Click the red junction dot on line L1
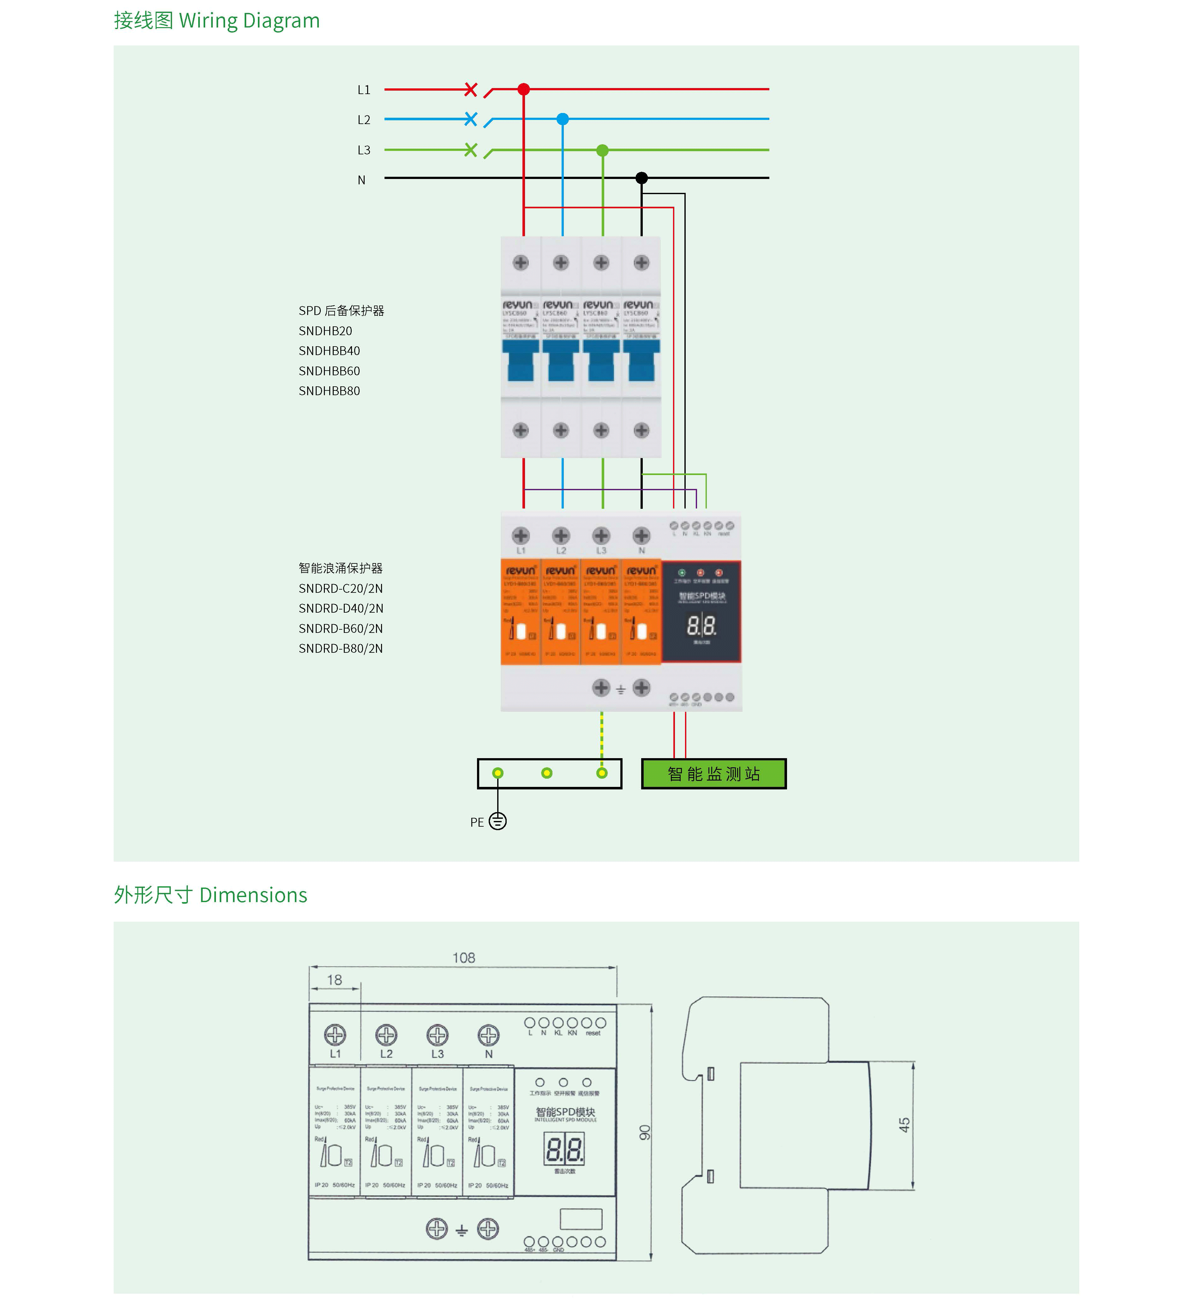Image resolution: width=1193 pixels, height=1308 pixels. pyautogui.click(x=523, y=89)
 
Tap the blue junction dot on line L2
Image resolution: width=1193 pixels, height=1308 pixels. pyautogui.click(x=563, y=119)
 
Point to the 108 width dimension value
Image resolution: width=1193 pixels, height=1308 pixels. pyautogui.click(x=463, y=958)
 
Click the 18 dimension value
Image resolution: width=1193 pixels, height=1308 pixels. pyautogui.click(x=334, y=980)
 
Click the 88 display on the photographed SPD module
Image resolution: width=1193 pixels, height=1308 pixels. pyautogui.click(x=701, y=626)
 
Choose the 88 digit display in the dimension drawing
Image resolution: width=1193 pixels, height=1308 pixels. pyautogui.click(x=564, y=1149)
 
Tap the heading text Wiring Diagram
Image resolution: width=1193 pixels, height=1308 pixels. pyautogui.click(x=249, y=21)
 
